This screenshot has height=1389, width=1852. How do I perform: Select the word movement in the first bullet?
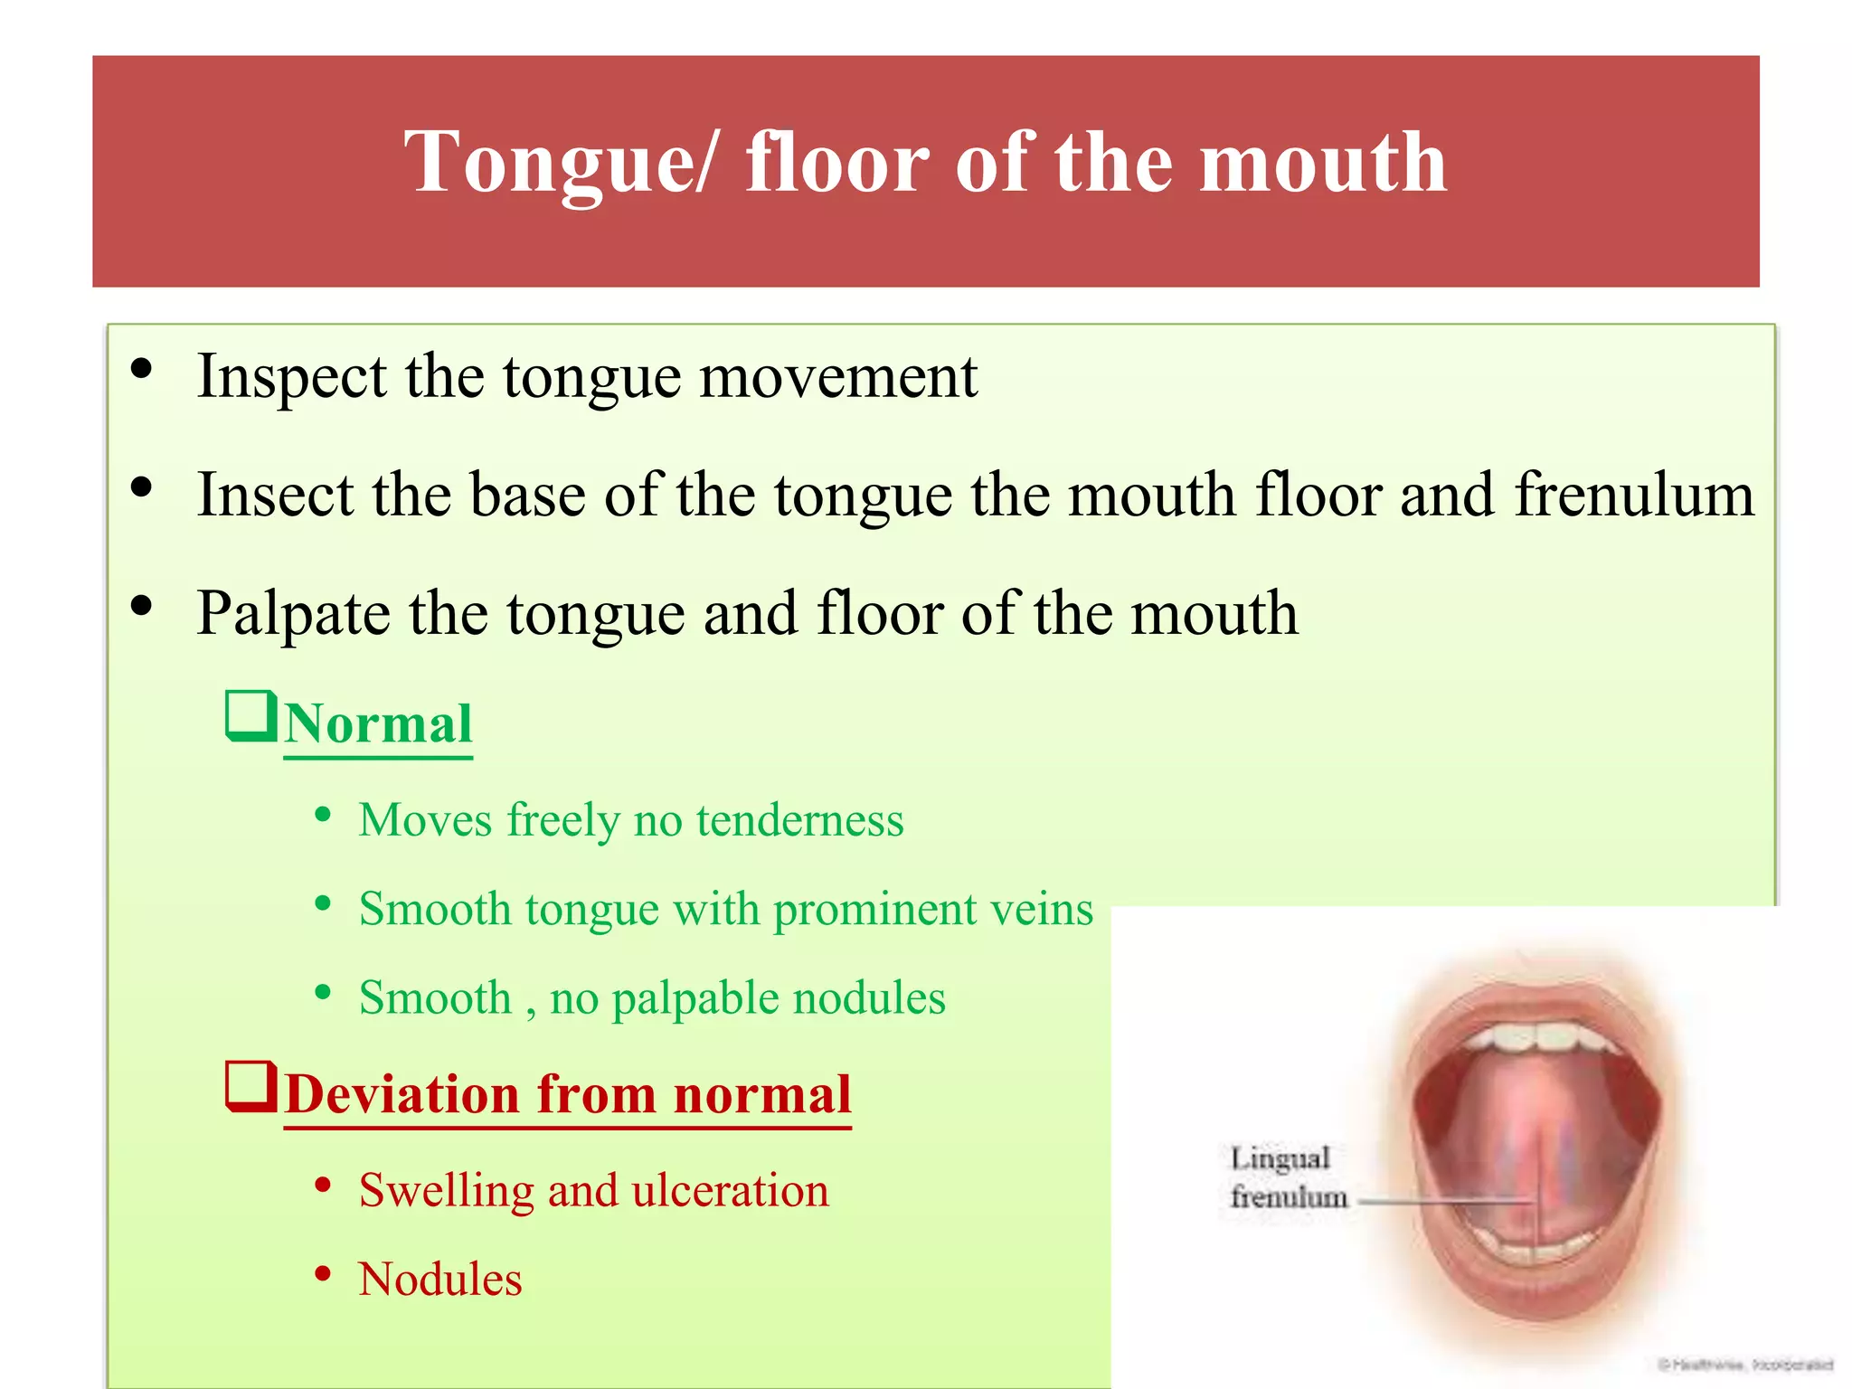[838, 376]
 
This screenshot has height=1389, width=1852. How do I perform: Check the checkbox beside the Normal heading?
[250, 716]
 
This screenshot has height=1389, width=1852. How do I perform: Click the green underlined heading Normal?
[378, 724]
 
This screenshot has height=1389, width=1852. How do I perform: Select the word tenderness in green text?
[799, 820]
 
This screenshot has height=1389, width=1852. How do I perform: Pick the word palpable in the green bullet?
[694, 999]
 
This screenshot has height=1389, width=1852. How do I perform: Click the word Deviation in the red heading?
[401, 1094]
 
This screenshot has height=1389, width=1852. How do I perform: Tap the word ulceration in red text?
[730, 1190]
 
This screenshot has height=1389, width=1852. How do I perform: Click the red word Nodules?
[440, 1280]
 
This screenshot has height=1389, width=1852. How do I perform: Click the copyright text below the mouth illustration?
[1744, 1365]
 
